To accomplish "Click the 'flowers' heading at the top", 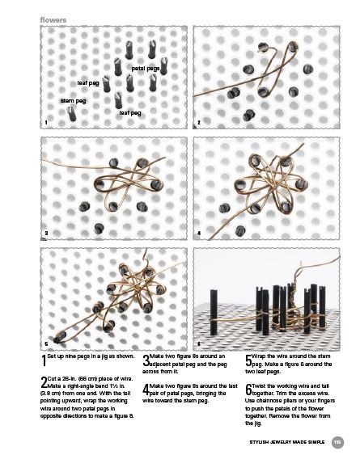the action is click(53, 20).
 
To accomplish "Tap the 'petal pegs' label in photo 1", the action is click(146, 69).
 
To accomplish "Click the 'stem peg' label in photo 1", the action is click(74, 101).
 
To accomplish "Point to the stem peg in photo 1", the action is click(71, 114).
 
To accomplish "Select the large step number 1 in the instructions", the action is click(44, 360).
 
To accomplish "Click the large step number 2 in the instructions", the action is click(44, 382).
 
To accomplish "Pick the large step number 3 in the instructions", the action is click(146, 360).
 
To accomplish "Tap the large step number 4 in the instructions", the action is click(146, 390).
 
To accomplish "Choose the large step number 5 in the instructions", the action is click(248, 360).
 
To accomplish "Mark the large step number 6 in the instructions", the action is click(248, 390).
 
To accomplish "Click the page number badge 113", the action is click(337, 442).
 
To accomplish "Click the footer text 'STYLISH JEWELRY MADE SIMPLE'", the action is click(286, 442).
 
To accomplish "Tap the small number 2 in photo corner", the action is click(199, 123).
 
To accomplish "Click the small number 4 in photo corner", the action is click(199, 233).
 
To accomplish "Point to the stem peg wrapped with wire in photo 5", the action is click(60, 337).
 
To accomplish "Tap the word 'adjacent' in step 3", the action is click(160, 364).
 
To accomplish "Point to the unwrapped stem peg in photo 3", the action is click(99, 229).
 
